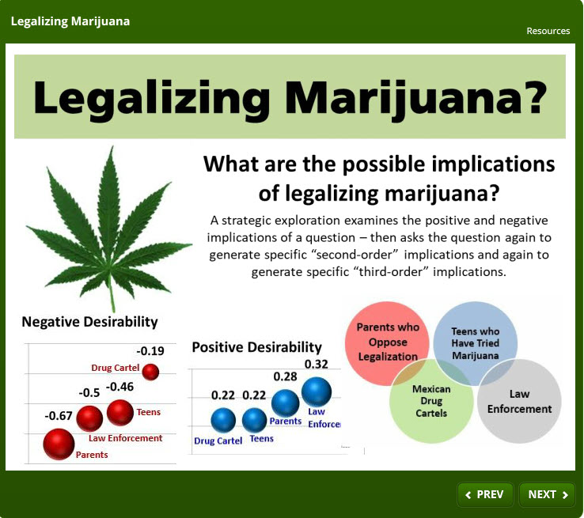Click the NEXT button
pos(548,494)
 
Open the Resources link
pos(548,31)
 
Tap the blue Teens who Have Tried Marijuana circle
pos(476,343)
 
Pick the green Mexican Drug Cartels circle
pos(431,401)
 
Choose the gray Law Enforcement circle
pos(520,401)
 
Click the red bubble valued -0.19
pos(150,371)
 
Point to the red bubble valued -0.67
pos(59,444)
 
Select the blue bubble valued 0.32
pos(317,391)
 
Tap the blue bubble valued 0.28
pos(285,403)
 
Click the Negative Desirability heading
pos(89,322)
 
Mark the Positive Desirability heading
pos(256,347)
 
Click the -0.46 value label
pos(119,387)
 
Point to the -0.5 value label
pos(89,392)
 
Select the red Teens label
pos(149,412)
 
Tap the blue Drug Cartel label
pos(218,440)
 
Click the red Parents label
pos(92,455)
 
